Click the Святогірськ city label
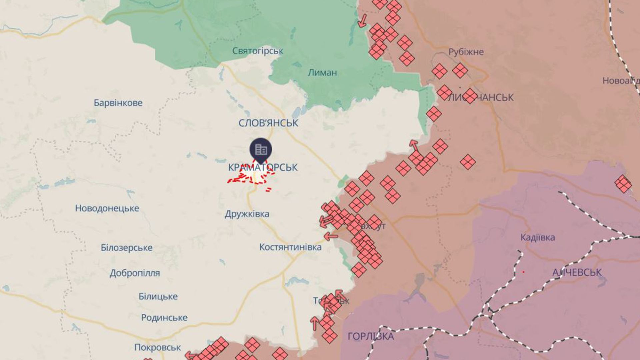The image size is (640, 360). tap(257, 51)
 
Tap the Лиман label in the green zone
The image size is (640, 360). tap(322, 73)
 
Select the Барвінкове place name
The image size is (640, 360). tap(118, 103)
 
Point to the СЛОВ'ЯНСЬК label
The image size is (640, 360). tap(268, 123)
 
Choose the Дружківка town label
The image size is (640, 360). tap(247, 214)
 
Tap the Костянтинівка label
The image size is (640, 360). tap(290, 247)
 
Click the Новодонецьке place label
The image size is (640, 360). tap(107, 208)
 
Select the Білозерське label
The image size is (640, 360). tap(127, 248)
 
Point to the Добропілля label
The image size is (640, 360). tap(135, 273)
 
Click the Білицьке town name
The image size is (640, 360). tap(158, 296)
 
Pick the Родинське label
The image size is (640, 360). tap(164, 318)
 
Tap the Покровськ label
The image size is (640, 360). tap(157, 347)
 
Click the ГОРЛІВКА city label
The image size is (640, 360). tap(371, 336)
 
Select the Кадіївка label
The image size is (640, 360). tap(538, 238)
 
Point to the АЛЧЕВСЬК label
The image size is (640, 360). tap(577, 272)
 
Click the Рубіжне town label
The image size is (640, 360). tap(466, 52)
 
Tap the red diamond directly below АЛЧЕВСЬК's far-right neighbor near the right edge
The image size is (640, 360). tap(623, 184)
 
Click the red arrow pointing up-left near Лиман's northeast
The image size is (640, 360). tap(362, 20)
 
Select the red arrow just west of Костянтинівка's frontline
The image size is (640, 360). tap(331, 237)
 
